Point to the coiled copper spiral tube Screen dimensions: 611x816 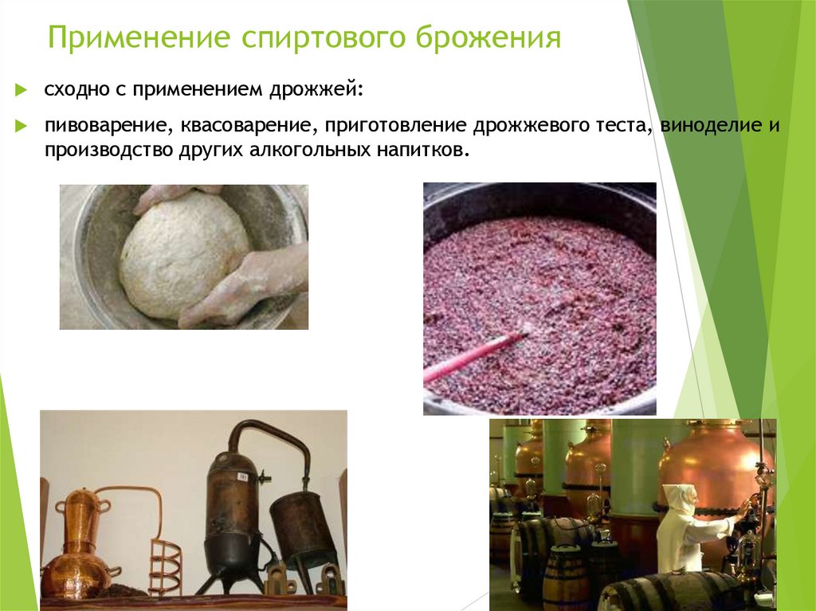tap(164, 566)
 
